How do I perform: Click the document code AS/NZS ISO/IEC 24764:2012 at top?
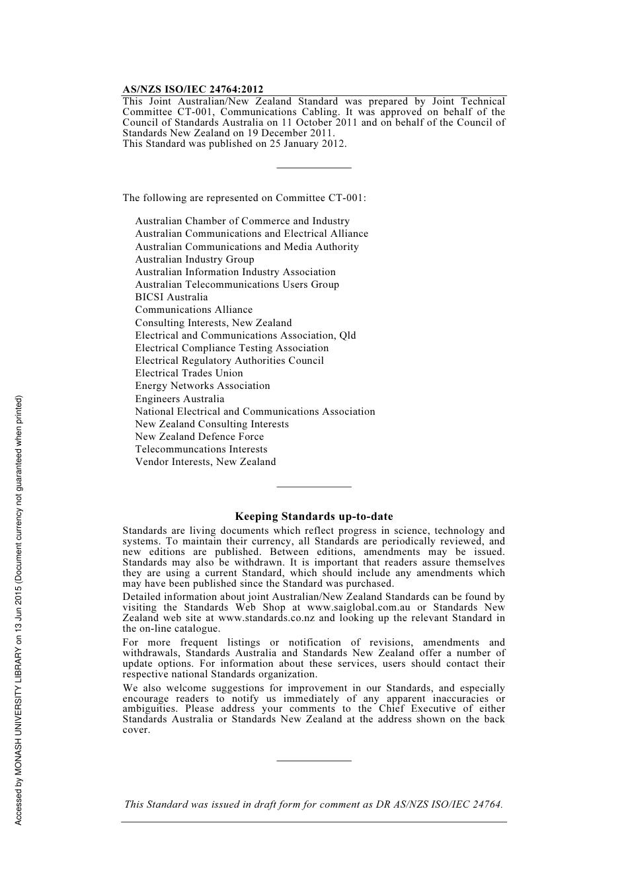point(192,89)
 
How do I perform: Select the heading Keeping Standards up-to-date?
point(313,517)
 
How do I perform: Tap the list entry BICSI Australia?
point(171,297)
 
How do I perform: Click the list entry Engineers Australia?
point(179,399)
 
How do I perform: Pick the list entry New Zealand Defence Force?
point(199,437)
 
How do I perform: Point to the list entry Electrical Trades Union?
point(189,373)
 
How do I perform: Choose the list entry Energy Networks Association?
point(202,386)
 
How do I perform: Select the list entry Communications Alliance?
point(194,310)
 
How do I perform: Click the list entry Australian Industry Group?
point(194,259)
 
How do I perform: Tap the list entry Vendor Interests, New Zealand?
point(205,462)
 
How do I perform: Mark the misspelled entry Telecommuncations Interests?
point(201,449)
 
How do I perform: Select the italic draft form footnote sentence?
point(313,804)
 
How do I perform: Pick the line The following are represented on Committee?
point(244,198)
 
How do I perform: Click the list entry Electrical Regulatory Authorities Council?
point(229,360)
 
